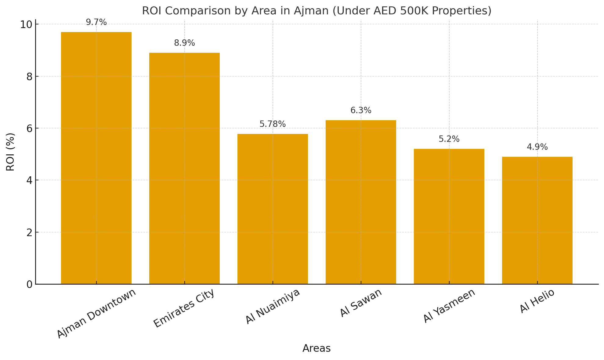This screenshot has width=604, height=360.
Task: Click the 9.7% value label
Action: tap(96, 22)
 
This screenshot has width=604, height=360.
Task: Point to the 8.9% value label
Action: tap(184, 43)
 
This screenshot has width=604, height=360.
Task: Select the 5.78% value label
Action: tap(273, 124)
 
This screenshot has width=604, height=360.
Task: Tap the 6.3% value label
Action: tap(361, 110)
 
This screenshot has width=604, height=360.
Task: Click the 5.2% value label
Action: tap(449, 139)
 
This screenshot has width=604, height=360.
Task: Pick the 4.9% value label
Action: tap(537, 147)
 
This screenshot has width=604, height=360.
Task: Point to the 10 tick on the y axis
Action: tap(26, 24)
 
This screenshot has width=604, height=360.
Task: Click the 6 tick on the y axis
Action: tap(29, 128)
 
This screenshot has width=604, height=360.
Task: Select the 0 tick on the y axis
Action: tap(29, 284)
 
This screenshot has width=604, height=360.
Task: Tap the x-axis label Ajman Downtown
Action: tap(96, 313)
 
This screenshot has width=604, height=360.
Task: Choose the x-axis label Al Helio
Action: tap(537, 301)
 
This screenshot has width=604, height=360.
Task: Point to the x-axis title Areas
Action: tap(316, 348)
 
